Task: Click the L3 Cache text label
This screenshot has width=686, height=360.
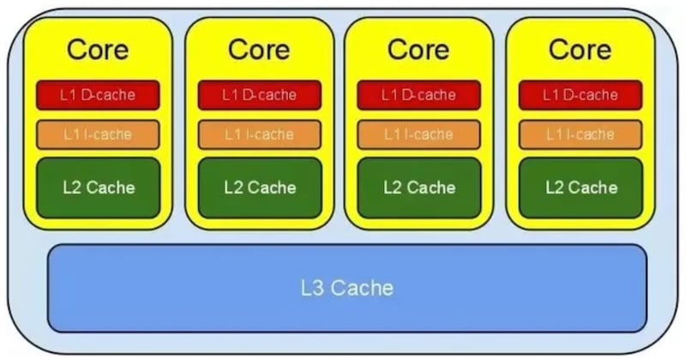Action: (x=347, y=287)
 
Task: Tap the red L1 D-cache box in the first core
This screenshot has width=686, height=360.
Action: (x=98, y=95)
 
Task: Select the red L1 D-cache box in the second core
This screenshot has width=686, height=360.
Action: (x=259, y=95)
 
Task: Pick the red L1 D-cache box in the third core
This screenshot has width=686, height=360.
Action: (x=418, y=95)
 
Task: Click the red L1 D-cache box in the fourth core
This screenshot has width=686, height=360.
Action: (x=580, y=95)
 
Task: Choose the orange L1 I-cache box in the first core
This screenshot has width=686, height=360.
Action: (x=98, y=135)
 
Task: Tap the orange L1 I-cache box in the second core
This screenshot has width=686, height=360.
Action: (x=259, y=135)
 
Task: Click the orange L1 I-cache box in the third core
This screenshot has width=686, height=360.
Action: (x=418, y=135)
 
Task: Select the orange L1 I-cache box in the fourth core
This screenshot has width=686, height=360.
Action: (x=580, y=135)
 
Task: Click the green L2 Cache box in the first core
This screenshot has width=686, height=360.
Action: (x=98, y=187)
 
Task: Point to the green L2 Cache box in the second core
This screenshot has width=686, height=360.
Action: (x=259, y=187)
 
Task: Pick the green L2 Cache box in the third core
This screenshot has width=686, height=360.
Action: (x=418, y=187)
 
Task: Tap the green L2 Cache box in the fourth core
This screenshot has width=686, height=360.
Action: (x=580, y=187)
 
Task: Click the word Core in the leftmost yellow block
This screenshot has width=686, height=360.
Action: (x=98, y=49)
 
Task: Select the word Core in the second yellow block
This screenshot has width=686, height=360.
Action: (x=259, y=49)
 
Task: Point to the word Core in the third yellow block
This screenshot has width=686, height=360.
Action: (x=418, y=49)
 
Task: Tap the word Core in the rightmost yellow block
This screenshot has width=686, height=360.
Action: (x=580, y=49)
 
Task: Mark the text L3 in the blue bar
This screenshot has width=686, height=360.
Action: (x=312, y=287)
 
